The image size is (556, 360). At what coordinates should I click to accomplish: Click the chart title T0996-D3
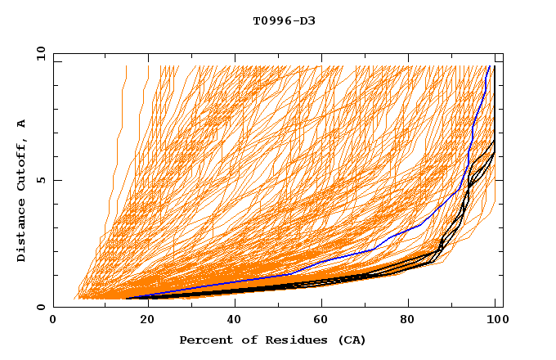284,20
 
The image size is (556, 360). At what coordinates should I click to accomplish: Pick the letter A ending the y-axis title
21,123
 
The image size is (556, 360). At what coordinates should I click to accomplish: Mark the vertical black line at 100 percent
495,106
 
